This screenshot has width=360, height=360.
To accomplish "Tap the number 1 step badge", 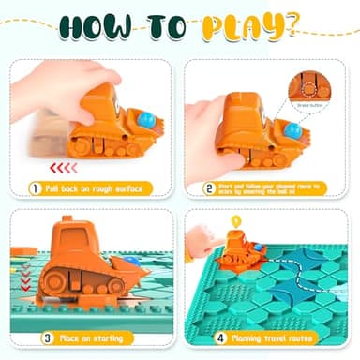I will tap(35, 188).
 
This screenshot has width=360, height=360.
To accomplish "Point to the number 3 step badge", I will tap(35, 337).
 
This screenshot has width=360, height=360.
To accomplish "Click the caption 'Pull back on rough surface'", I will tap(97, 188).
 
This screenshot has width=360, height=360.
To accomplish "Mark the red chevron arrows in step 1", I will tap(64, 167).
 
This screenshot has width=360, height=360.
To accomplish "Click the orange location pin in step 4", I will tap(235, 224).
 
